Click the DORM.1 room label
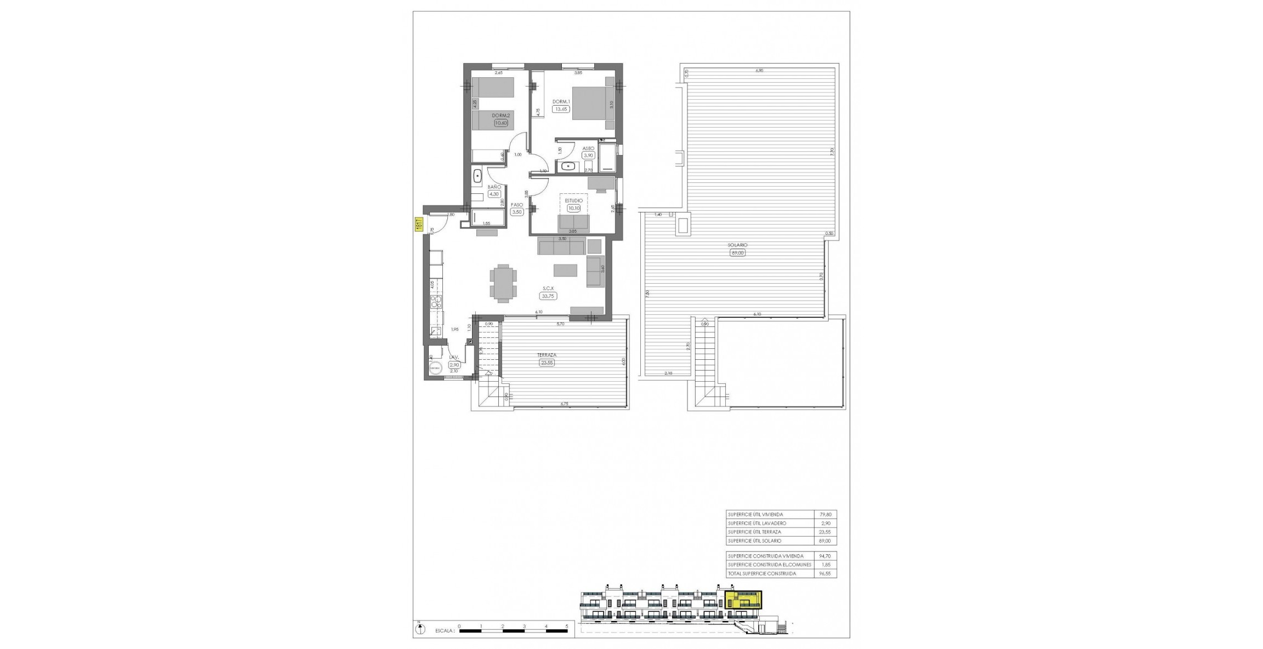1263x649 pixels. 561,101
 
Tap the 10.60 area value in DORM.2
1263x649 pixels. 501,123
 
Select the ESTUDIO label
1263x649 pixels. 574,201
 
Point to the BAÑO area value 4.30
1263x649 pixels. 494,194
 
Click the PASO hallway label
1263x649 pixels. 517,205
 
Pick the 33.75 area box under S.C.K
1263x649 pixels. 548,296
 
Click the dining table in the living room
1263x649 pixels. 119,283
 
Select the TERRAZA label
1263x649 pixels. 547,355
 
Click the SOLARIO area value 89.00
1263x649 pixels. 738,253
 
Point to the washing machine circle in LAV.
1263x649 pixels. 436,369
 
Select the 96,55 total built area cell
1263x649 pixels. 824,573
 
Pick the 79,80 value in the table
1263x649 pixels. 824,514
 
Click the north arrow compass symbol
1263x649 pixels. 419,630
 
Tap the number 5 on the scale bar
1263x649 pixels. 567,625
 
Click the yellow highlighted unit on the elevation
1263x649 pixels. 743,600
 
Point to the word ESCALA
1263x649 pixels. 445,631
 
